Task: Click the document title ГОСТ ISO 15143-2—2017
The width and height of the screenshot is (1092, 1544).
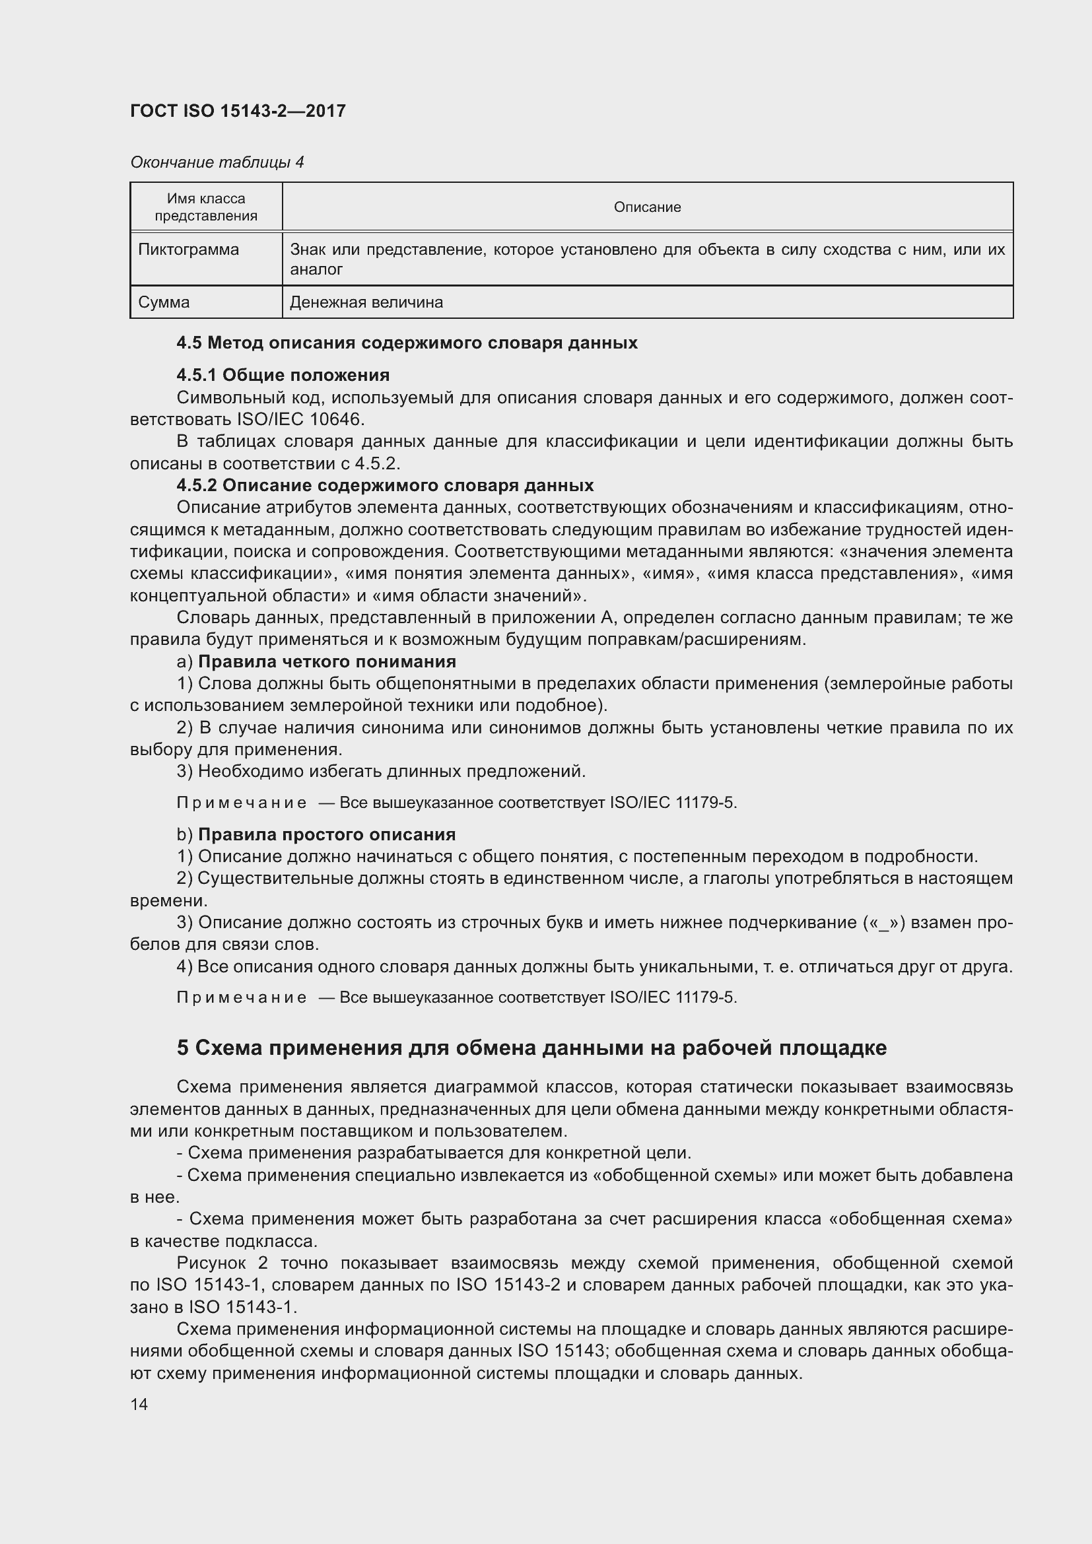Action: (x=238, y=111)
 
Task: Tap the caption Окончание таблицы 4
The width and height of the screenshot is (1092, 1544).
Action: (x=217, y=162)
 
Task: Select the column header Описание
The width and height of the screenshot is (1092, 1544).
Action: (x=647, y=207)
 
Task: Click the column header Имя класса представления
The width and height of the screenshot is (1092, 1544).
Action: (x=206, y=207)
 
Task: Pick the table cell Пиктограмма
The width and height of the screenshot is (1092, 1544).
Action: (x=188, y=250)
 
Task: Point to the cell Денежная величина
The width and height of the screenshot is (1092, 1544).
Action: (x=366, y=302)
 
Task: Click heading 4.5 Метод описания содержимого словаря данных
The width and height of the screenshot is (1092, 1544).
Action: (x=407, y=343)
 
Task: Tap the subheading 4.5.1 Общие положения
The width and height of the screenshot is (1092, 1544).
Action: (x=283, y=374)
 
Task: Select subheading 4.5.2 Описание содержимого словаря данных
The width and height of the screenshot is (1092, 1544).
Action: (x=385, y=485)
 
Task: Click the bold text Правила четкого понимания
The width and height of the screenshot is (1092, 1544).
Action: (x=327, y=661)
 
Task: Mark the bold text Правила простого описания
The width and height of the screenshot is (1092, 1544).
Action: (x=327, y=834)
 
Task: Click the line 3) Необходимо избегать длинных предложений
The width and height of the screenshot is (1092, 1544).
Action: (x=381, y=771)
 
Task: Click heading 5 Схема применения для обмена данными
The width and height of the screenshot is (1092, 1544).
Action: (x=531, y=1048)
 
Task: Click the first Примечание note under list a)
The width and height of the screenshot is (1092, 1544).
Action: (x=242, y=803)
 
